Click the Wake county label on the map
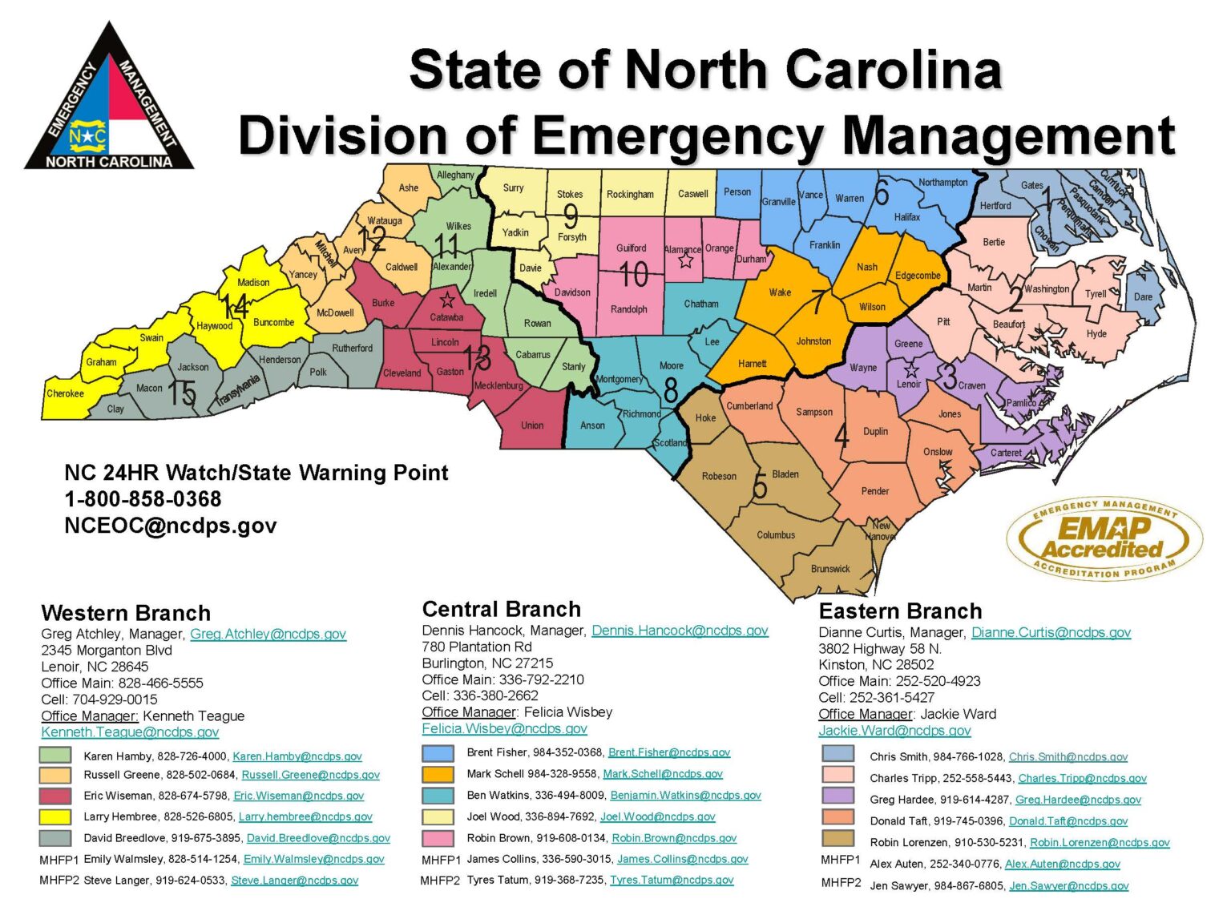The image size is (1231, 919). click(x=780, y=292)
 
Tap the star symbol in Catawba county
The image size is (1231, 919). click(x=447, y=300)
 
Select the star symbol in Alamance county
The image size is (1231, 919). click(x=685, y=261)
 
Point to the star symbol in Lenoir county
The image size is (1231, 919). click(x=910, y=370)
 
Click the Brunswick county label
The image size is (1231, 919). click(x=830, y=569)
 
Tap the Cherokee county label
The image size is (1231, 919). click(x=65, y=393)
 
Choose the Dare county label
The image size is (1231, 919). click(x=1143, y=296)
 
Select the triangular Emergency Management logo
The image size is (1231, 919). click(x=109, y=99)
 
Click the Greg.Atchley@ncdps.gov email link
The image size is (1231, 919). click(x=268, y=634)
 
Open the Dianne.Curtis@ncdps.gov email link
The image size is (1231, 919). click(x=1051, y=632)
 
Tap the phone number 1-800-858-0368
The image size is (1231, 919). click(x=143, y=499)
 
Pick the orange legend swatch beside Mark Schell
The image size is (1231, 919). click(x=438, y=774)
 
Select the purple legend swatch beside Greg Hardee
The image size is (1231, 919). click(x=837, y=796)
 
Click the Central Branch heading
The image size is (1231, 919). click(x=501, y=609)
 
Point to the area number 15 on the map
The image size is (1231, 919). click(x=182, y=393)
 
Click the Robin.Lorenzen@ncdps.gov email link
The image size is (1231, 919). click(x=1100, y=842)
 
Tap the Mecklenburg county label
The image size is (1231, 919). click(x=498, y=385)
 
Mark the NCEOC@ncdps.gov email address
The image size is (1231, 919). click(x=171, y=526)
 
